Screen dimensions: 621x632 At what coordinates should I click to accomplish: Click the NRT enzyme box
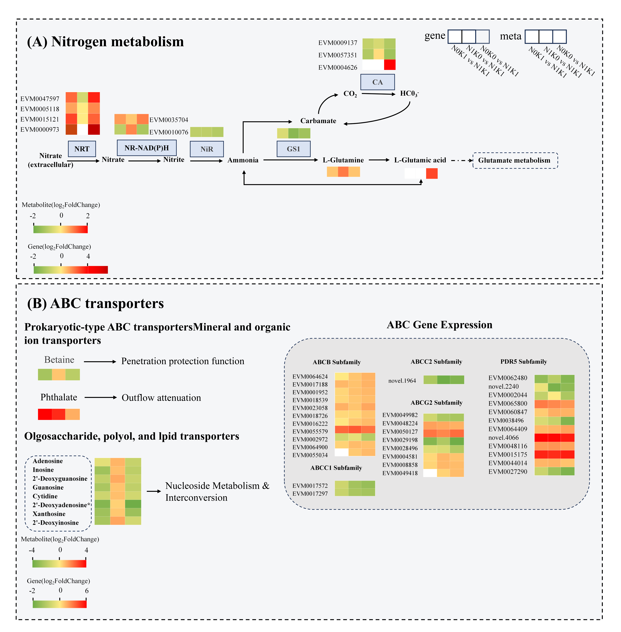pos(82,149)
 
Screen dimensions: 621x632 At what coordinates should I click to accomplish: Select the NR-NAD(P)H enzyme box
pos(147,148)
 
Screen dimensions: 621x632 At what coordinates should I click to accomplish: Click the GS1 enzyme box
pos(294,149)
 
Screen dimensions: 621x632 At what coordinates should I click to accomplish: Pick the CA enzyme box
pos(378,82)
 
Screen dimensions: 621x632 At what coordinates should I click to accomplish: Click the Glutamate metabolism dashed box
pos(515,160)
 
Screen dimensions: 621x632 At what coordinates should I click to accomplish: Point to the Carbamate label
pos(318,121)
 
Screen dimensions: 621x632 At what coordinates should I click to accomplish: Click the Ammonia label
pos(243,160)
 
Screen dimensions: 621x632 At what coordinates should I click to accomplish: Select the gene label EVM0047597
pos(40,99)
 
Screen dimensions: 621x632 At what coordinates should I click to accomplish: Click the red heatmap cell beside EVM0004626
pos(390,65)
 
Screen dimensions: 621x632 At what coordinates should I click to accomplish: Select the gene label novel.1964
pos(402,381)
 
